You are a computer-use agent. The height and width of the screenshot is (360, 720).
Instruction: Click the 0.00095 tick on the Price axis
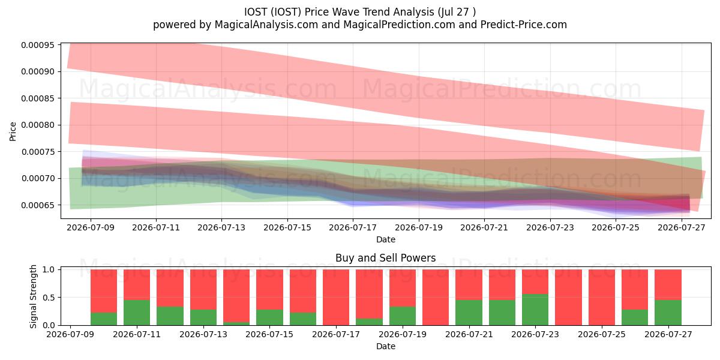click(37, 45)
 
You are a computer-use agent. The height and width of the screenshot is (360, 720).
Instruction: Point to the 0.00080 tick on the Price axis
click(37, 125)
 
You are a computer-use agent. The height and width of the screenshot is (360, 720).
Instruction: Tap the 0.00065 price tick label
click(37, 205)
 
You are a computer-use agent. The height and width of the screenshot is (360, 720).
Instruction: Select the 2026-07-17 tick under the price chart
click(353, 227)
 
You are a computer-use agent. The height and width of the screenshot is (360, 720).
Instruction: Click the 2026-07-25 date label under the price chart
click(616, 227)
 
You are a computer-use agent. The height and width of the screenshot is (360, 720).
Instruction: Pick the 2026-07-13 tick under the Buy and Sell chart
click(203, 334)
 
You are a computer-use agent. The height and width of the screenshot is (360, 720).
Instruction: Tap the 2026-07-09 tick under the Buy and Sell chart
click(70, 334)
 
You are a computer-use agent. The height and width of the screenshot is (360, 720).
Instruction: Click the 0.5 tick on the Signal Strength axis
click(49, 298)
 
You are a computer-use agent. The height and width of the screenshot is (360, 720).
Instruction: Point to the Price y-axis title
click(13, 131)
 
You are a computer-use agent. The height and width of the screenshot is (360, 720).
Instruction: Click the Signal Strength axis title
click(33, 296)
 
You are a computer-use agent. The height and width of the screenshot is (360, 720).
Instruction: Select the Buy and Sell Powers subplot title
click(385, 258)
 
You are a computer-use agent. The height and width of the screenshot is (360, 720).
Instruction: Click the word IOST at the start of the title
click(256, 12)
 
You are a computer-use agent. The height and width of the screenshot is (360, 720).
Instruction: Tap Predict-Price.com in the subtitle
click(524, 25)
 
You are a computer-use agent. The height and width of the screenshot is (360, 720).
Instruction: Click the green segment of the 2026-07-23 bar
click(535, 310)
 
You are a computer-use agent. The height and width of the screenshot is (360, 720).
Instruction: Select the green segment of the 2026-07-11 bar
click(137, 313)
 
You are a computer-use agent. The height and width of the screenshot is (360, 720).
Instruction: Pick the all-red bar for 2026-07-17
click(336, 298)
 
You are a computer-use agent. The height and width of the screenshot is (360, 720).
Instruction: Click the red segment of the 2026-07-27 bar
click(668, 284)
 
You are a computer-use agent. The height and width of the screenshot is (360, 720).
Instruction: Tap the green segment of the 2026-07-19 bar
click(403, 316)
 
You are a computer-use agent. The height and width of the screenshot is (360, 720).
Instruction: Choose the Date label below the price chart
click(386, 239)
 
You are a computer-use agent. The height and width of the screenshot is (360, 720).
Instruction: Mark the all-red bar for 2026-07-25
click(602, 298)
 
